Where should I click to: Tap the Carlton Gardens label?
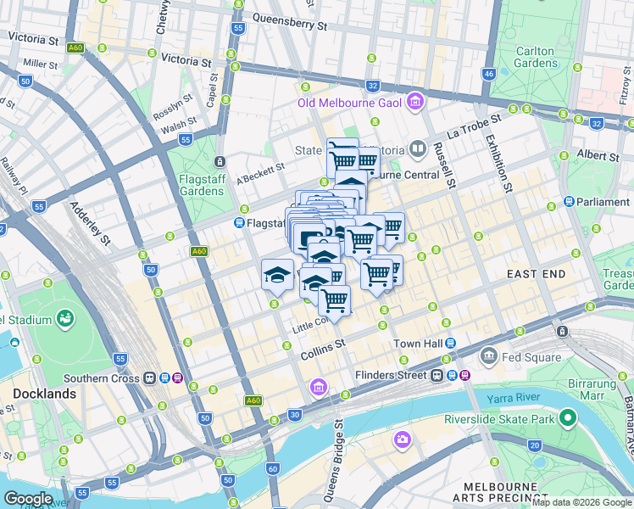point(535,57)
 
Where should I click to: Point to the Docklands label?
point(44,394)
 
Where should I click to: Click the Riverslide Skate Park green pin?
point(567,418)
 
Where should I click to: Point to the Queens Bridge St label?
point(339,448)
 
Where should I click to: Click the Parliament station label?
point(603,202)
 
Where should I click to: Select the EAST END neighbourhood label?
point(536,275)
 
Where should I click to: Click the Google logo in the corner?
point(28,498)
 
